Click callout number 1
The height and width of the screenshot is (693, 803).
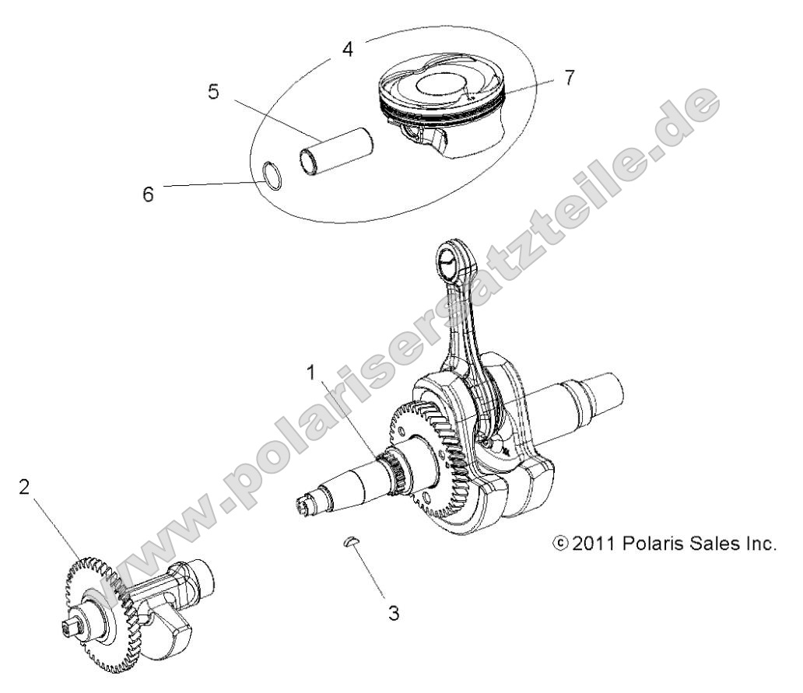(312, 373)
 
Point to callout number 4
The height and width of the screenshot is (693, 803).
(347, 48)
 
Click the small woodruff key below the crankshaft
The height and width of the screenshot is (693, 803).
(352, 541)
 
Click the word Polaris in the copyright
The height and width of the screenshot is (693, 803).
(655, 542)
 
